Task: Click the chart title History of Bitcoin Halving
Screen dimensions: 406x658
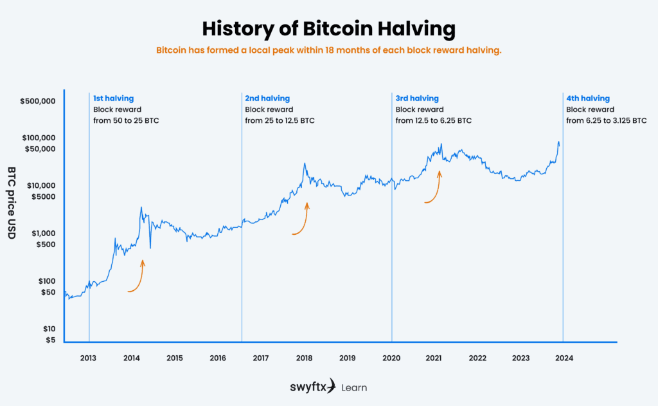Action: tap(328, 29)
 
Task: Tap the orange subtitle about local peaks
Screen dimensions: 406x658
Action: tap(328, 50)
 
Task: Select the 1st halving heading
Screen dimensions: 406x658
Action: tap(113, 98)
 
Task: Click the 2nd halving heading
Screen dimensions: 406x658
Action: tap(267, 98)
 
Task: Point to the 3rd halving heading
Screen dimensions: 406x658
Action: tap(417, 98)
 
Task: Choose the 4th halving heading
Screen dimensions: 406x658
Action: tap(587, 98)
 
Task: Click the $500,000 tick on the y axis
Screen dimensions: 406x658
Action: tap(39, 102)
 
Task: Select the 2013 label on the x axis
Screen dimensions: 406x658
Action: tap(89, 358)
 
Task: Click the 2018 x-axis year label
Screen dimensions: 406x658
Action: tap(304, 358)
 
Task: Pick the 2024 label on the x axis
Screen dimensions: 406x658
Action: tap(564, 358)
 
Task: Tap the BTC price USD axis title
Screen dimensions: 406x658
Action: tap(12, 203)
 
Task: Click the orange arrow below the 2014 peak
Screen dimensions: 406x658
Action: tap(137, 278)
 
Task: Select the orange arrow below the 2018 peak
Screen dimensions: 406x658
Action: tap(301, 221)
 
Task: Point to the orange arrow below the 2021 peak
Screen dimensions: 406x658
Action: tap(434, 189)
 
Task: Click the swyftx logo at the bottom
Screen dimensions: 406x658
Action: tap(312, 387)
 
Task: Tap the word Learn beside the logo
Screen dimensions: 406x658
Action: tap(354, 387)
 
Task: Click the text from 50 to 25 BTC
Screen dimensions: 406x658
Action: tap(125, 120)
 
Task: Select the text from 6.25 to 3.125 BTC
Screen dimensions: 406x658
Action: tap(606, 120)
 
